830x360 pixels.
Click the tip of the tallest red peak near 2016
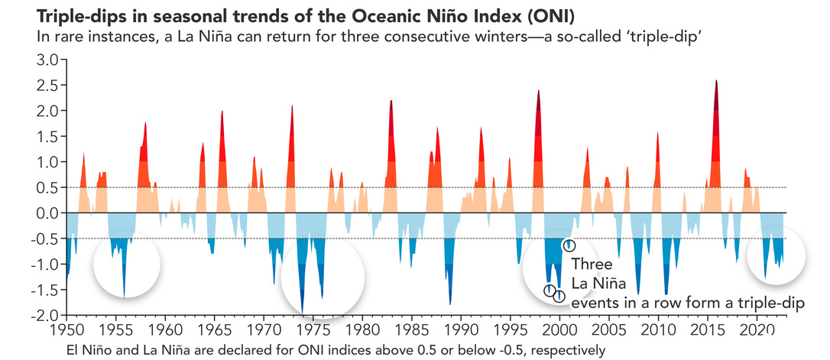716,80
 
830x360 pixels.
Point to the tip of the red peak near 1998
539,91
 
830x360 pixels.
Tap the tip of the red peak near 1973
292,106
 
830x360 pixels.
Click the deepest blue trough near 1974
303,312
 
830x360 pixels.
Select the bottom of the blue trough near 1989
450,304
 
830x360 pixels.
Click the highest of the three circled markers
569,245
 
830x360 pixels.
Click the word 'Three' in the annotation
591,264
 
